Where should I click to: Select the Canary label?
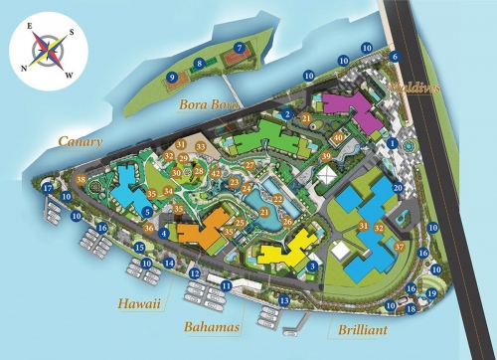coord(80,142)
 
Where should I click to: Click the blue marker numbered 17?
coord(48,188)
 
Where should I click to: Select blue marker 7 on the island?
coord(239,47)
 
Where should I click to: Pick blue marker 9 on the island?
coord(172,77)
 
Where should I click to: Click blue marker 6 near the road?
coord(395,57)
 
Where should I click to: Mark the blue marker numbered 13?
coord(284,300)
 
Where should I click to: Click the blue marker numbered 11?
coord(227,285)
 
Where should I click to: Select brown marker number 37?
coord(399,247)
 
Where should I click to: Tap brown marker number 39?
coord(325,157)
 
